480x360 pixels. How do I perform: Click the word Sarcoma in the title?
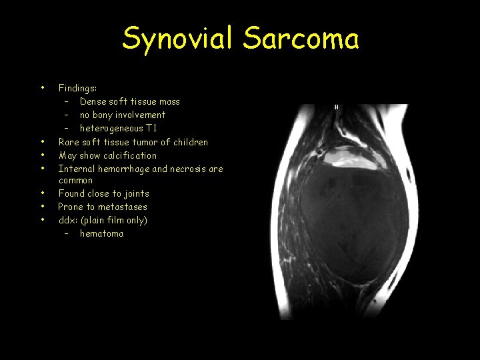tap(301, 39)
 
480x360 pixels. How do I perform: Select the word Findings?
tap(77, 88)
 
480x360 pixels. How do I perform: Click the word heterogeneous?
tap(111, 128)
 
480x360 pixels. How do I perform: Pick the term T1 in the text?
tap(151, 128)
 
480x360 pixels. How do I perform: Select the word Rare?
tap(69, 141)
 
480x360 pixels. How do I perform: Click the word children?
tap(190, 141)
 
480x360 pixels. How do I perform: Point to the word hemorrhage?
tap(123, 169)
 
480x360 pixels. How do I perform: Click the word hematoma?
tap(101, 233)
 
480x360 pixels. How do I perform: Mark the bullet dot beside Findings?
tap(42, 87)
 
